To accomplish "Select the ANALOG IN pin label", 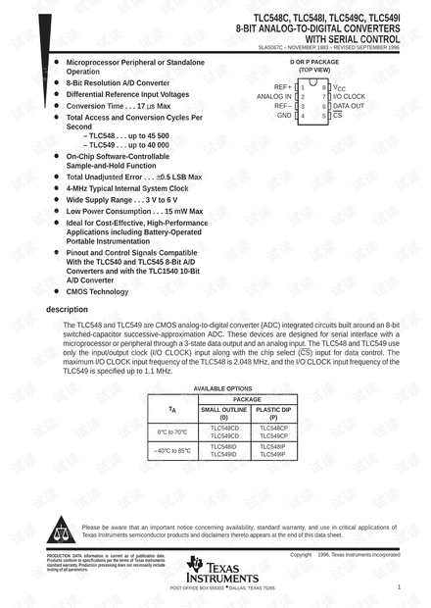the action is [x=273, y=97].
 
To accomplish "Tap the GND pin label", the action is [x=284, y=115].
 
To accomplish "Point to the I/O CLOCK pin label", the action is [x=351, y=97].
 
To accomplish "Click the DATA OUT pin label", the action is [x=349, y=106].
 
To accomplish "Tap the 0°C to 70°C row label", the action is [x=172, y=431].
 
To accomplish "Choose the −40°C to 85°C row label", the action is [x=172, y=450].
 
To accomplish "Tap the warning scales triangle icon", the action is [x=61, y=531].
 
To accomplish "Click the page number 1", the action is [x=399, y=586].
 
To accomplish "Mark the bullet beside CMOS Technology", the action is [x=57, y=291].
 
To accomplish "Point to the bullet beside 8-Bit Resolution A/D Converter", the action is [x=57, y=83].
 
